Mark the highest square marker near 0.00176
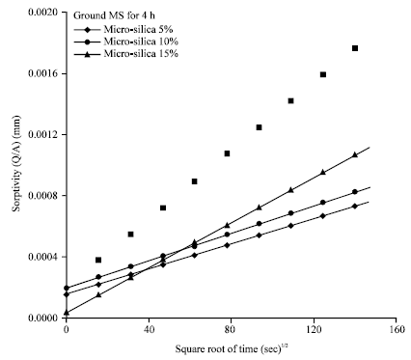[355, 48]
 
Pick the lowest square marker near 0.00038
[98, 260]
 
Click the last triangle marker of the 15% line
[355, 154]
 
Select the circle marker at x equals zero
[67, 288]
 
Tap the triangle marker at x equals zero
[67, 313]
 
